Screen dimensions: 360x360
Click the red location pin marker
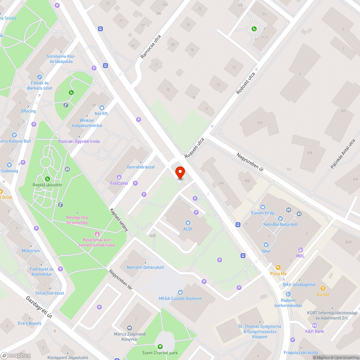click(180, 172)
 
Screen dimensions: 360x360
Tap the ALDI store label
click(187, 229)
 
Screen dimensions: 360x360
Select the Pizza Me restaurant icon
click(278, 267)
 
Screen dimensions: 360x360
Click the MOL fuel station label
click(300, 256)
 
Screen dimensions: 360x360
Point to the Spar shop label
click(266, 251)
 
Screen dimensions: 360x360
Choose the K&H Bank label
click(314, 331)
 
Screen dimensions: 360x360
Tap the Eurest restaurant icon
click(323, 288)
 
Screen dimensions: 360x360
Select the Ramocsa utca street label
click(150, 47)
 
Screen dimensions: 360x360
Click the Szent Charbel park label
click(160, 353)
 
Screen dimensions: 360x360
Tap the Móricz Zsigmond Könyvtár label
click(130, 337)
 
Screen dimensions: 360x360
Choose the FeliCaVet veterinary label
click(117, 183)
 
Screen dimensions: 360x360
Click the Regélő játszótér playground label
click(48, 185)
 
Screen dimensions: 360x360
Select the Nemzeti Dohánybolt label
click(145, 267)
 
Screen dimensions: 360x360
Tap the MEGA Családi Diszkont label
click(180, 298)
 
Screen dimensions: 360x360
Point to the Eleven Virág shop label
click(263, 213)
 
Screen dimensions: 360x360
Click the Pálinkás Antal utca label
click(342, 154)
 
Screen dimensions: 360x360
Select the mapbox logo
click(16, 355)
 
